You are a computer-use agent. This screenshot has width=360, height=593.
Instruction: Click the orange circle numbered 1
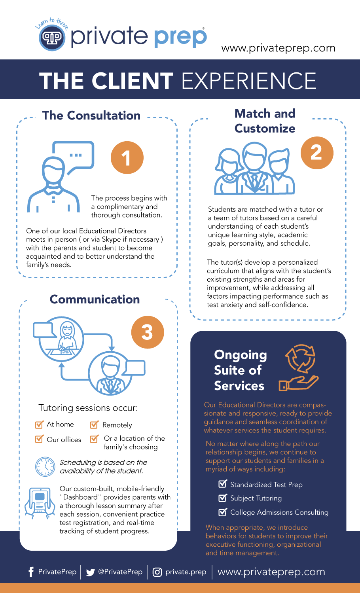coord(127,157)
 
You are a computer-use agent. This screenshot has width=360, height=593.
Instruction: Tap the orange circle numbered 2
coord(317,153)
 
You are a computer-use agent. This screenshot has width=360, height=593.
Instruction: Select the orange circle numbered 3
coord(148,332)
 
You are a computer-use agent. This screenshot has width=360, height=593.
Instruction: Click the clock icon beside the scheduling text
coord(45,466)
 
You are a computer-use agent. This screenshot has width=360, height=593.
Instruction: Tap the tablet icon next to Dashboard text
coord(40,502)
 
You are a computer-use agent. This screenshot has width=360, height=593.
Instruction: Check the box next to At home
coord(39,425)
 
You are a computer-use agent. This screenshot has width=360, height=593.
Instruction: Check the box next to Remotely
coord(94,425)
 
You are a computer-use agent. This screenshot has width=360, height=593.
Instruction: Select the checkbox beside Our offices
coord(39,439)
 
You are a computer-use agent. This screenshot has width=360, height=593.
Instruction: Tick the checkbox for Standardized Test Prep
coord(223,484)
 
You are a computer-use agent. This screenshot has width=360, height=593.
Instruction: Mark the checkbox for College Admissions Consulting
coord(223,512)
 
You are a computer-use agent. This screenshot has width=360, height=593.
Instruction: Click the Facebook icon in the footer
coord(31,572)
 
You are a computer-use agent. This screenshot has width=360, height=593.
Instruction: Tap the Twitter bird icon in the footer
coord(91,572)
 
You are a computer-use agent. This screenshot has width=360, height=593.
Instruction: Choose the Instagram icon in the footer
coord(157,572)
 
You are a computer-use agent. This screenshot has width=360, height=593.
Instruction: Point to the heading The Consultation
coord(91,116)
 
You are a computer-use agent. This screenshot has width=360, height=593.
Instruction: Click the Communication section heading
coord(95,299)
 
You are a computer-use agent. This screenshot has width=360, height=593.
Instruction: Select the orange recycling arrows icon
coord(301,358)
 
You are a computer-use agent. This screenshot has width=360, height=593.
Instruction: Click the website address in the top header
coord(278,48)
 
